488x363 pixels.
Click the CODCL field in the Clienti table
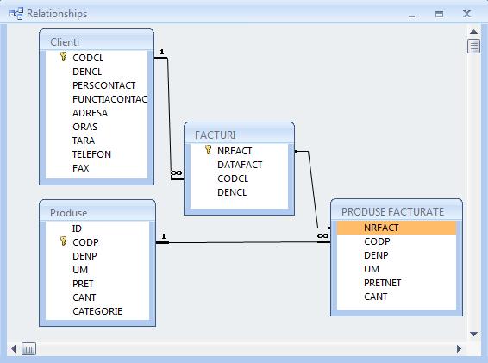tap(88, 58)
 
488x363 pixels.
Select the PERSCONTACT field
tap(104, 85)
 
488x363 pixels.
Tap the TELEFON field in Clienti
tap(91, 154)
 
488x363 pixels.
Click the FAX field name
tap(80, 168)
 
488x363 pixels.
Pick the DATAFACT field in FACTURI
tap(240, 165)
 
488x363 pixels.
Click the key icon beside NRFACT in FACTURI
tap(208, 150)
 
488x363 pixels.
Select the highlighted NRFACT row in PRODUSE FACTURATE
tap(397, 228)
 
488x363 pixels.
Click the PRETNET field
tap(382, 283)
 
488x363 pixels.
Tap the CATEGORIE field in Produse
tap(97, 311)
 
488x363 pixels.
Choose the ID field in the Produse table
tap(77, 228)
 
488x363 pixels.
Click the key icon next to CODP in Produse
tap(64, 241)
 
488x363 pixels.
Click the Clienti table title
tap(65, 42)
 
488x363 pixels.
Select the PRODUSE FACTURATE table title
tap(393, 212)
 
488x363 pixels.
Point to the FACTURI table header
tap(216, 135)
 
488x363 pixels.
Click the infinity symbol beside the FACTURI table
tap(177, 172)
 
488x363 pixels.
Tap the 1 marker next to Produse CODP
tap(164, 236)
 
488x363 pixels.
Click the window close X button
tap(466, 14)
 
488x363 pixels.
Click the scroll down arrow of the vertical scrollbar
tap(473, 334)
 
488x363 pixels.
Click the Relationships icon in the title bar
tap(16, 14)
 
